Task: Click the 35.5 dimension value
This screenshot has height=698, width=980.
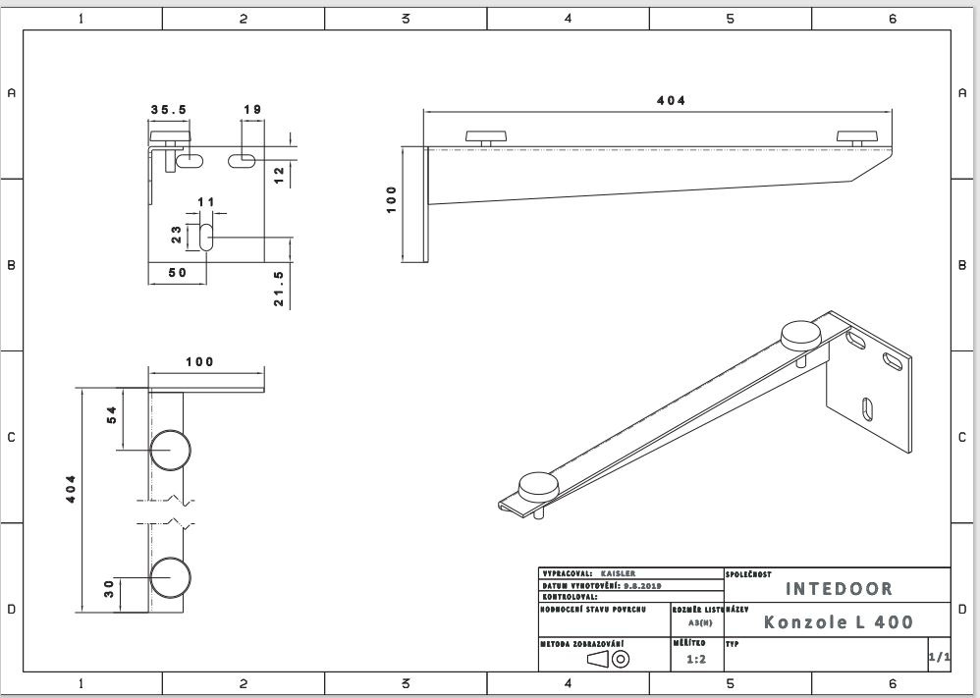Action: (x=169, y=110)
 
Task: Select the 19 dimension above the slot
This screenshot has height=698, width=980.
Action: (x=251, y=110)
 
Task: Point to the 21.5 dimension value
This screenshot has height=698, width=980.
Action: (x=279, y=289)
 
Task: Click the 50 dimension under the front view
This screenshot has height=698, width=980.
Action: (x=177, y=273)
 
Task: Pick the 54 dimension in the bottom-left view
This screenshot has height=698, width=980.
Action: (x=111, y=415)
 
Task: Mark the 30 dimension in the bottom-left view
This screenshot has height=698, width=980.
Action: (x=111, y=588)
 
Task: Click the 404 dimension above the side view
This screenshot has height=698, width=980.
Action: (x=671, y=100)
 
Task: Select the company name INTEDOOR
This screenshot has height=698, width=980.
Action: (x=840, y=589)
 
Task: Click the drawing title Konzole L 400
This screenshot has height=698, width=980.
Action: (x=839, y=622)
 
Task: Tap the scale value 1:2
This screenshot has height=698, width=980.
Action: (x=696, y=660)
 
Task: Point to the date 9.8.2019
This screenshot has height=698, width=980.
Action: (x=644, y=584)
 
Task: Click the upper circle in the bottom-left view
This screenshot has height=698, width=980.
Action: (x=170, y=449)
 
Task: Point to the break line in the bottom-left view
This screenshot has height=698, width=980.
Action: (x=169, y=511)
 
